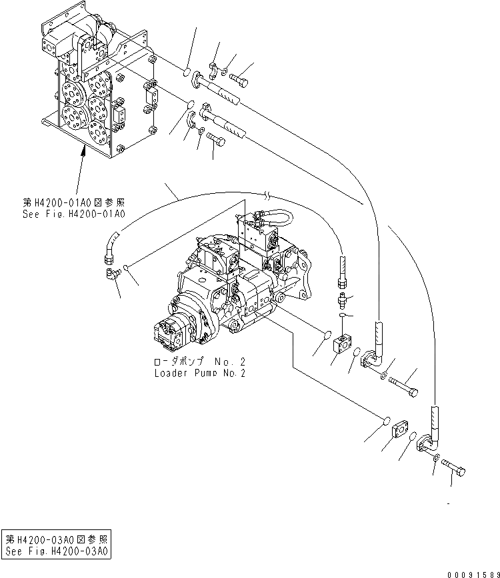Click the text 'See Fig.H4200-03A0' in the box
[57, 551]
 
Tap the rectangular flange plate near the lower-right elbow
[399, 430]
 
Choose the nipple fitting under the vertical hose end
[343, 297]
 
